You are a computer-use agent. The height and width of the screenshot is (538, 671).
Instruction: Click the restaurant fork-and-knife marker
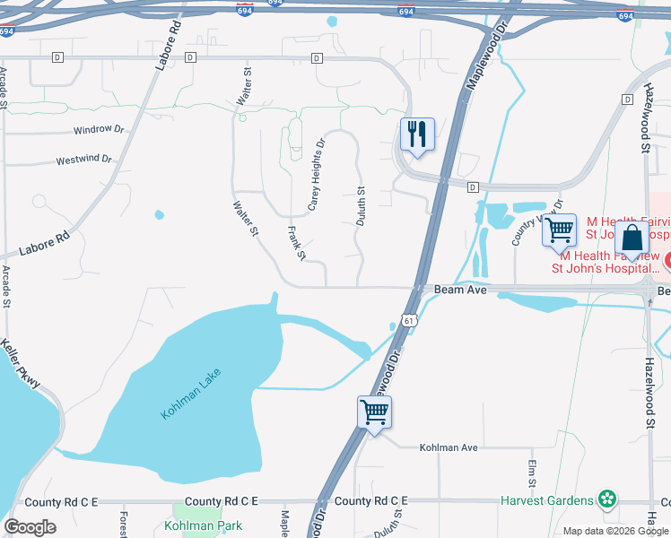tap(417, 134)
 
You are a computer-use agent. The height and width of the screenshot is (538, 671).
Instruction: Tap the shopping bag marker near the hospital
tap(632, 239)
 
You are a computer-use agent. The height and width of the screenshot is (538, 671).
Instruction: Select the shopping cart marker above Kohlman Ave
tap(374, 412)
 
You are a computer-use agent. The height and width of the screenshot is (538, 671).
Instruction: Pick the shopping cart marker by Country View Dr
tap(559, 230)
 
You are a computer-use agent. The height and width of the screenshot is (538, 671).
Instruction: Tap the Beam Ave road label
tap(461, 291)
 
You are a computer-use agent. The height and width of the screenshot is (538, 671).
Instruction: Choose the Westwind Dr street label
tap(83, 161)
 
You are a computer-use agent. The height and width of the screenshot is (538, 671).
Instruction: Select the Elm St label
tap(532, 474)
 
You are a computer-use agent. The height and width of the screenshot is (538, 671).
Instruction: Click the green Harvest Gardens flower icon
tap(608, 499)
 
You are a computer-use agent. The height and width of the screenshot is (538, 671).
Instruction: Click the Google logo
tap(30, 527)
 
